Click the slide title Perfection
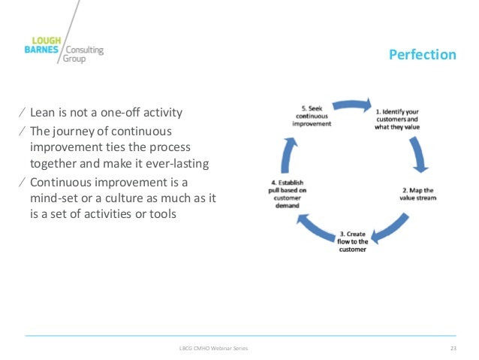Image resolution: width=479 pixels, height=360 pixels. click(421, 55)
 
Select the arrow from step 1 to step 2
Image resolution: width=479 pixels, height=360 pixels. click(417, 153)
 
